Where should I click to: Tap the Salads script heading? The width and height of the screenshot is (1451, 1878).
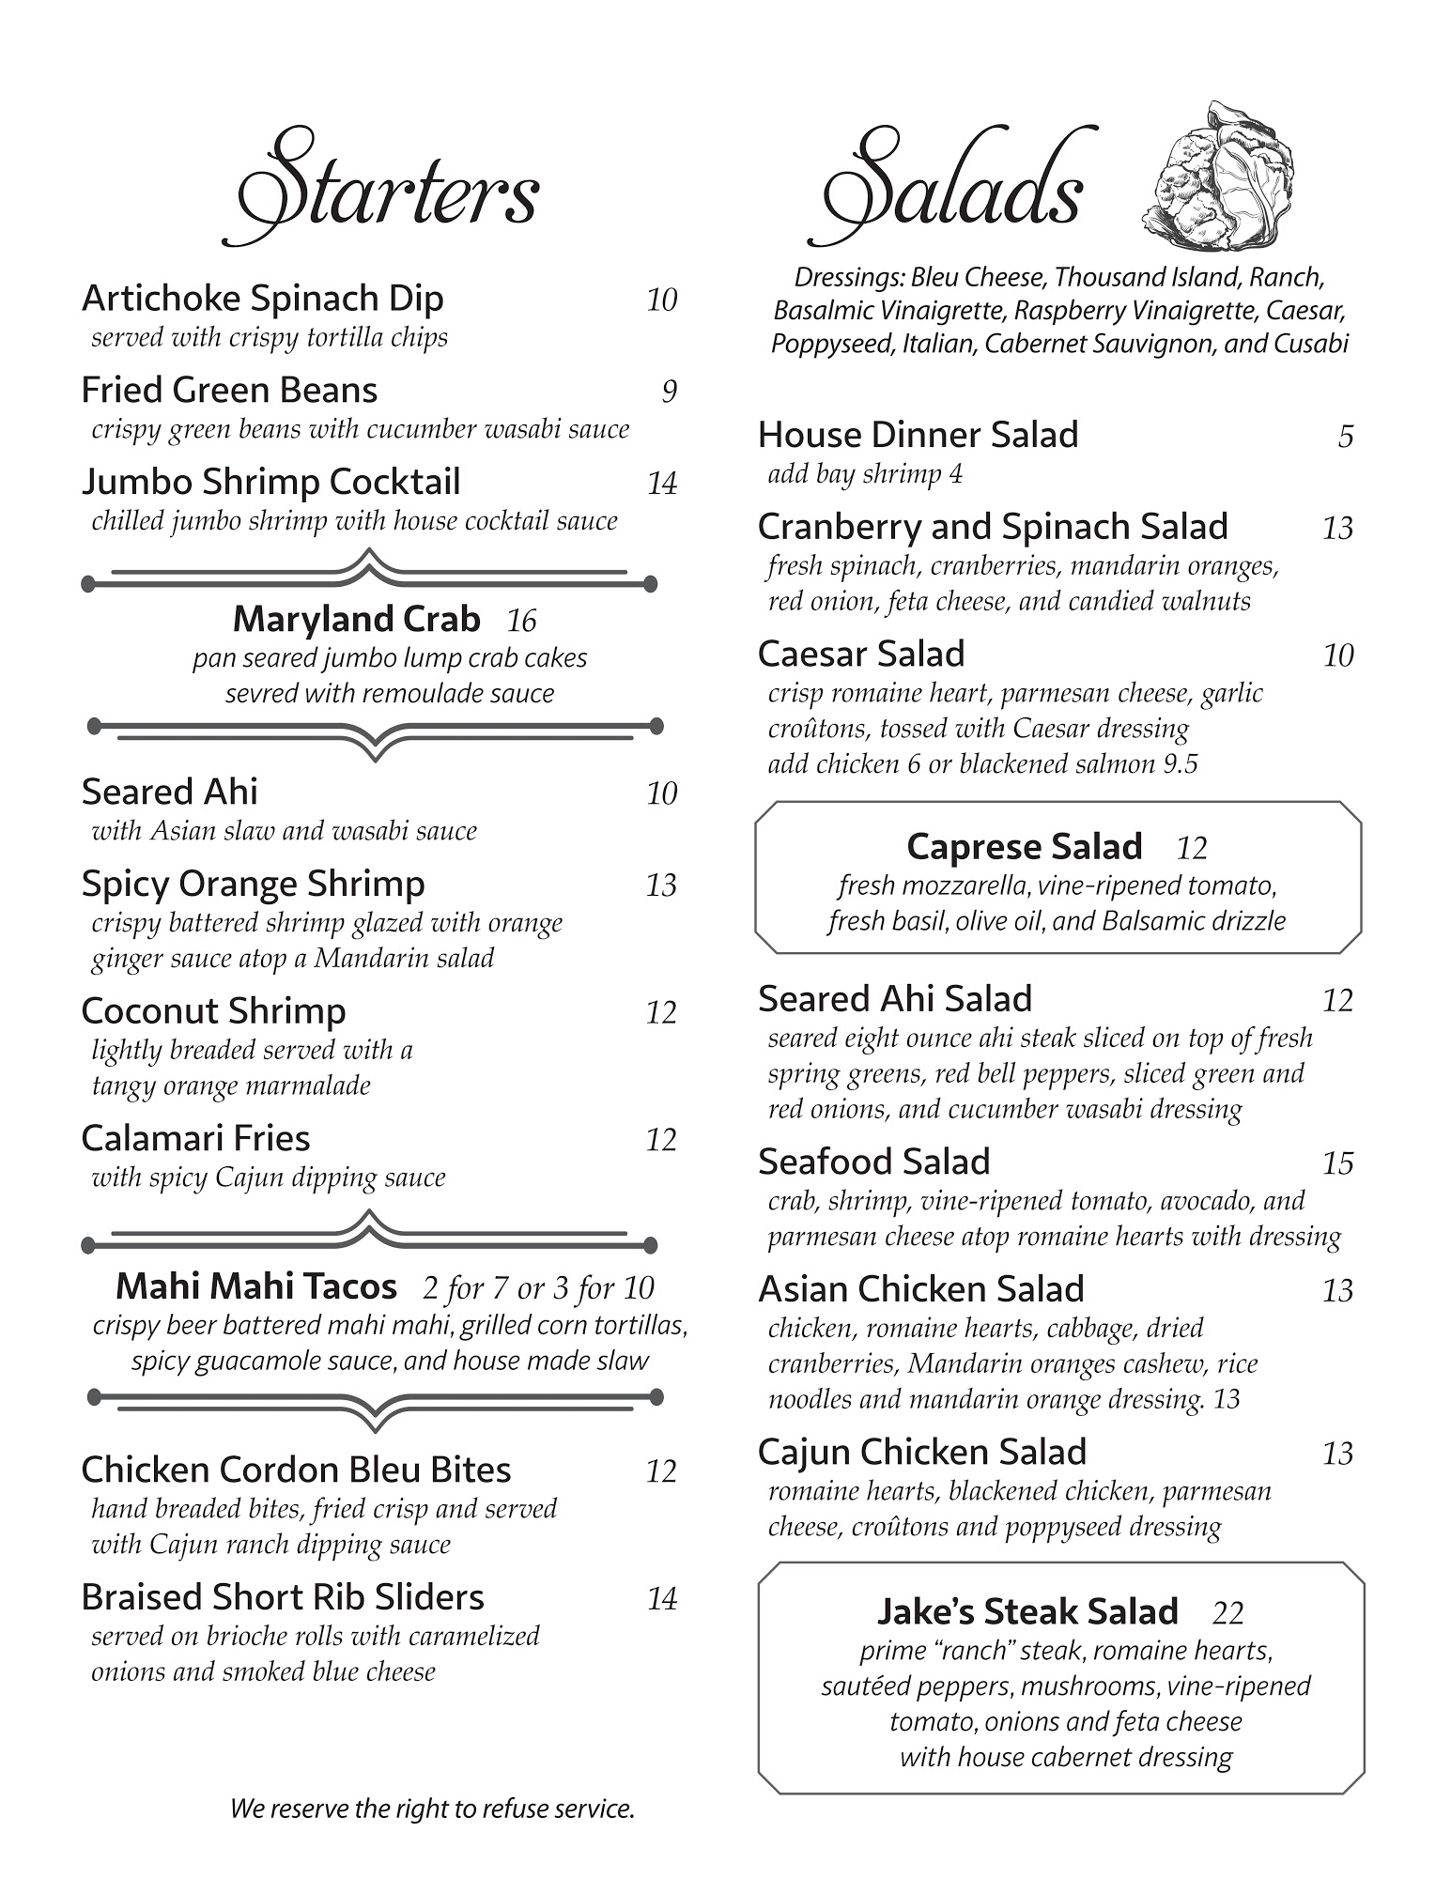[x=953, y=188]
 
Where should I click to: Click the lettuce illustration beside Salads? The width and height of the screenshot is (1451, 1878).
[x=1219, y=178]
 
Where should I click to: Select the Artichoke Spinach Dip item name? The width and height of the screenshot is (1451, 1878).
[x=262, y=299]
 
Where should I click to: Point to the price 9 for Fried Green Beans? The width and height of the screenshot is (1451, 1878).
[x=669, y=392]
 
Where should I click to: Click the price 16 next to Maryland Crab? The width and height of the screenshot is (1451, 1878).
[x=521, y=621]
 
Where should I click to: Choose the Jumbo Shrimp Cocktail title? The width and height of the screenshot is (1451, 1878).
[x=270, y=483]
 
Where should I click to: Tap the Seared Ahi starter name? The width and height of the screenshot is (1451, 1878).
[x=169, y=793]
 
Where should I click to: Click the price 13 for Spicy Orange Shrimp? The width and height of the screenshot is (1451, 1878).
[x=661, y=885]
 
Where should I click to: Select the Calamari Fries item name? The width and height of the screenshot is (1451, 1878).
[x=195, y=1139]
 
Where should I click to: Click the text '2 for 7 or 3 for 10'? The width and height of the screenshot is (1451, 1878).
[x=538, y=1287]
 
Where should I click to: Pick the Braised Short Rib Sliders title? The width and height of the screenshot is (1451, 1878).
[x=283, y=1597]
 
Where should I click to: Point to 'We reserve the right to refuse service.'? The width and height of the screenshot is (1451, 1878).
[x=432, y=1809]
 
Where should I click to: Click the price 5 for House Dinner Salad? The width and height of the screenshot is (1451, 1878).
[x=1346, y=437]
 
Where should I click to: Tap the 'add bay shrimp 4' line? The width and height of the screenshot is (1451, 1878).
[x=865, y=474]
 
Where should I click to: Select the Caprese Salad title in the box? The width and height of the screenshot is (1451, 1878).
[x=1025, y=847]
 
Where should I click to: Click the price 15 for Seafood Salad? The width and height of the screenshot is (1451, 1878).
[x=1337, y=1164]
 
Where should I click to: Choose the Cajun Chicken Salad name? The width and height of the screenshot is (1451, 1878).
[x=922, y=1453]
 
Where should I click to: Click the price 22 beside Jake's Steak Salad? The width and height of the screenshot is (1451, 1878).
[x=1227, y=1613]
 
